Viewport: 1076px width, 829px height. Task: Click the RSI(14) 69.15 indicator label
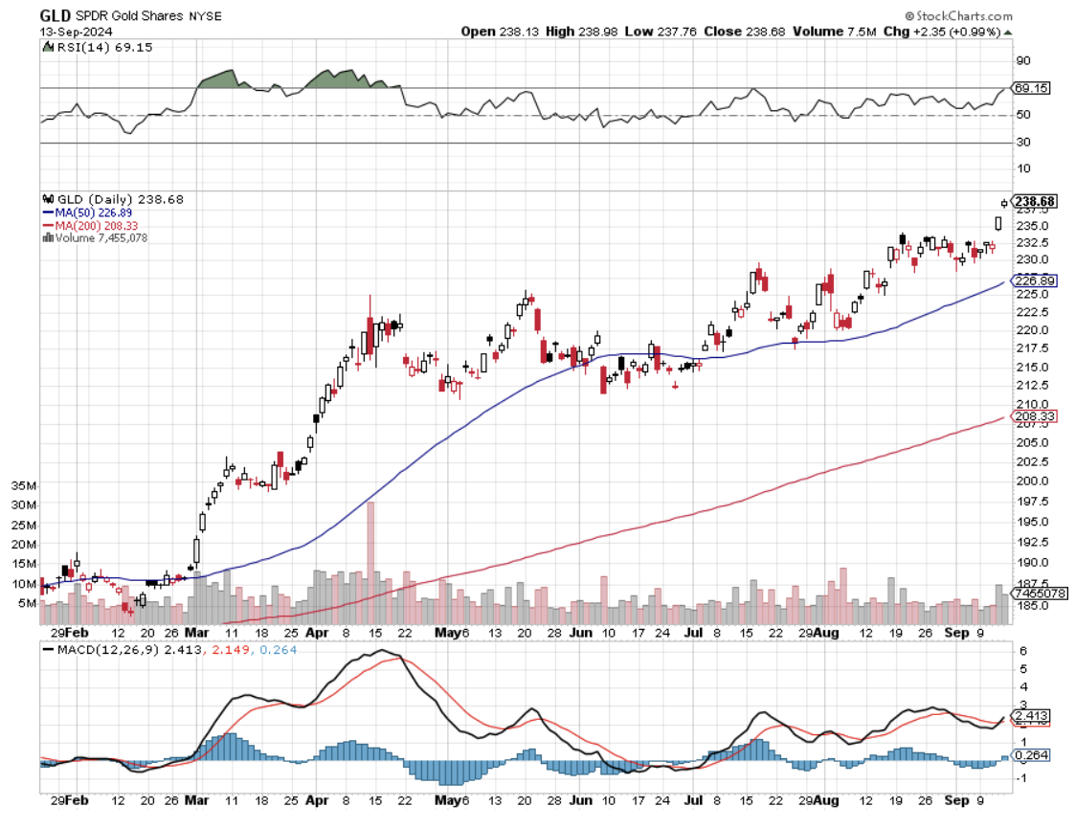[x=92, y=47]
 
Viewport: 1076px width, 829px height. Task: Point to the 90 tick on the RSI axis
[x=1021, y=60]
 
